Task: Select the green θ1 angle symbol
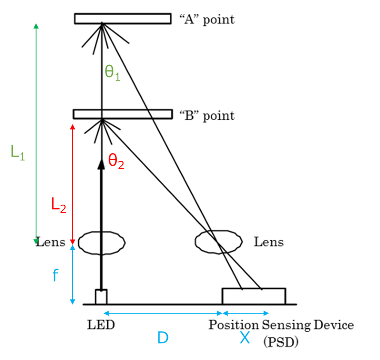pos(112,73)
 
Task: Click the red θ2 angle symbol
pos(116,162)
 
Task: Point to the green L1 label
pos(18,152)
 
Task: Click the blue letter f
pos(54,276)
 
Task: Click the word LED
pos(101,325)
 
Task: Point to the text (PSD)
pos(280,342)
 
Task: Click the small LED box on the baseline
pos(101,296)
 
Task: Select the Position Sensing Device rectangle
pos(253,296)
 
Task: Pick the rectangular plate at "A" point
pos(122,18)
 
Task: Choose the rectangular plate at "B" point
pos(122,114)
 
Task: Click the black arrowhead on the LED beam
pos(102,163)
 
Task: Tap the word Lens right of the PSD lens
pos(268,242)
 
